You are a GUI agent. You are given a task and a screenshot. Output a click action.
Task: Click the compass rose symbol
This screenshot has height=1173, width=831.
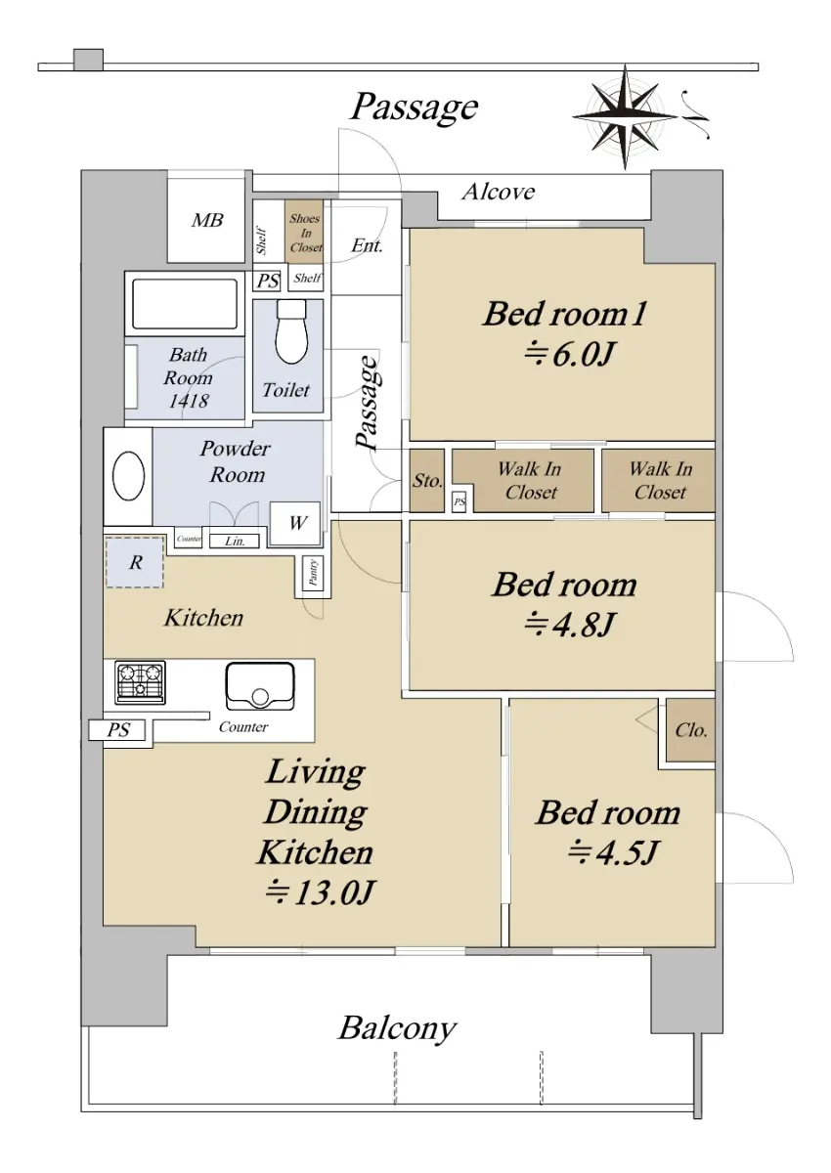click(x=625, y=116)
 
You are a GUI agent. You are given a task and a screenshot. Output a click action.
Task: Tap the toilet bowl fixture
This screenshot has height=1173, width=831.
click(x=291, y=332)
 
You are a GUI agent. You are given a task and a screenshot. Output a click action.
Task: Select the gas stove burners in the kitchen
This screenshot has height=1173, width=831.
click(x=141, y=682)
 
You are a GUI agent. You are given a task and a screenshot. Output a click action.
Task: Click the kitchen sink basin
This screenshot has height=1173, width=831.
click(x=260, y=685)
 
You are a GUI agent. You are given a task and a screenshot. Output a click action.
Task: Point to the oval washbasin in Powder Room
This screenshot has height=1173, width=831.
click(x=128, y=476)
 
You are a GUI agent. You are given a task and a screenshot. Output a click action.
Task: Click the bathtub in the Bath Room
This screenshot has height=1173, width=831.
click(x=185, y=304)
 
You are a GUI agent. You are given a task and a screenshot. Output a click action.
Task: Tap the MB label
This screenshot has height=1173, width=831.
click(x=207, y=221)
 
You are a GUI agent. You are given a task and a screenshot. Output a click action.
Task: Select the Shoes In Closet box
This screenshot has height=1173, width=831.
click(x=304, y=232)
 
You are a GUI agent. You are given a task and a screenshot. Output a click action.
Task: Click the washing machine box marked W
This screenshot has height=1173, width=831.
click(x=295, y=523)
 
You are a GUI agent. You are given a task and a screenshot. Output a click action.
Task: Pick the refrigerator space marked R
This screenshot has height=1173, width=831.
click(x=135, y=562)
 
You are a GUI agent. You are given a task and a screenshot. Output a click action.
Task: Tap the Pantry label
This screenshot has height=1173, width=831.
click(x=313, y=573)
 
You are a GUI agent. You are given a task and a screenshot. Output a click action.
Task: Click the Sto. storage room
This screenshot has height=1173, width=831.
click(x=427, y=480)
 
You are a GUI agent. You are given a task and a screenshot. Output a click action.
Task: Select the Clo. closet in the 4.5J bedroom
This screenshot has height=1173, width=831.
click(x=690, y=730)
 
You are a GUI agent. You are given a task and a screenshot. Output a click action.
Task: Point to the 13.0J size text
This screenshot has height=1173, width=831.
click(x=319, y=892)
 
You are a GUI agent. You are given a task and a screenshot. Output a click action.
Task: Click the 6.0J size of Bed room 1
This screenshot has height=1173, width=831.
click(x=569, y=356)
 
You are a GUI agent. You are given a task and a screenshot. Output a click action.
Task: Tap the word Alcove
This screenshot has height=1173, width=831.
click(x=499, y=192)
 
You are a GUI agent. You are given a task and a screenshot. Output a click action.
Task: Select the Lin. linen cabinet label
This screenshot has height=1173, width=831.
click(x=235, y=541)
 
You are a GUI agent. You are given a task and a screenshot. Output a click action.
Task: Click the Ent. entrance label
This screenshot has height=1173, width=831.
click(x=367, y=245)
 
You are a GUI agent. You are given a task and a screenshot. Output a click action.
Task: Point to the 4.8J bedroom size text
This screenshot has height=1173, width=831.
click(x=569, y=625)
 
